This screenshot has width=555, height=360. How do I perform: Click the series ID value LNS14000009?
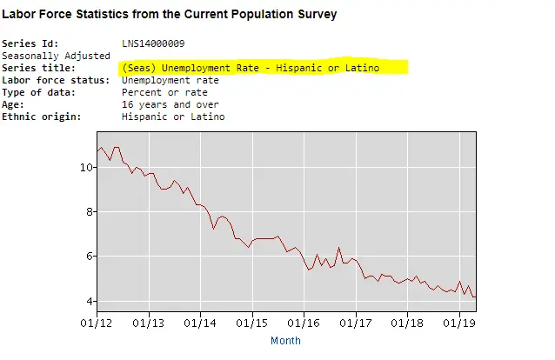pos(153,43)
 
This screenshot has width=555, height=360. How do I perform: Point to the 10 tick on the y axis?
pos(84,167)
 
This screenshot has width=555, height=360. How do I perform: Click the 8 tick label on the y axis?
pos(87,211)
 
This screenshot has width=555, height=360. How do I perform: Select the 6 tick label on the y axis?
pos(87,257)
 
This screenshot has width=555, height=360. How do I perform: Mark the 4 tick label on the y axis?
pos(87,302)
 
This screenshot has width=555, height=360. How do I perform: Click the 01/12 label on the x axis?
pos(96,323)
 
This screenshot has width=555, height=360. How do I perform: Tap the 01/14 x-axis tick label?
pos(201,323)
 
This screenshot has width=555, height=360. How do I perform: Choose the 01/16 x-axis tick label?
pos(304,323)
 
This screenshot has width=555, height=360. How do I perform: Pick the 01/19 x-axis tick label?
pos(460,323)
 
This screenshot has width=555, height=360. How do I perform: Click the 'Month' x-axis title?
pos(285,341)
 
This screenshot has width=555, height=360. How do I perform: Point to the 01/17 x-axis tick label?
pos(357,323)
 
